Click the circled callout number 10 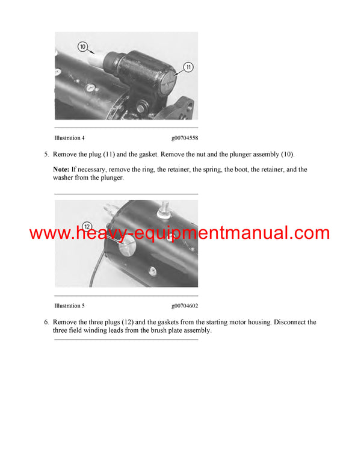(83, 46)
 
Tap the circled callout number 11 (188, 67)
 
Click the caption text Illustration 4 (70, 138)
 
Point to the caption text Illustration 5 (70, 306)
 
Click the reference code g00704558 (184, 138)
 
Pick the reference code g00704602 (184, 306)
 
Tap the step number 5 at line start (46, 154)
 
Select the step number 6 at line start (46, 323)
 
